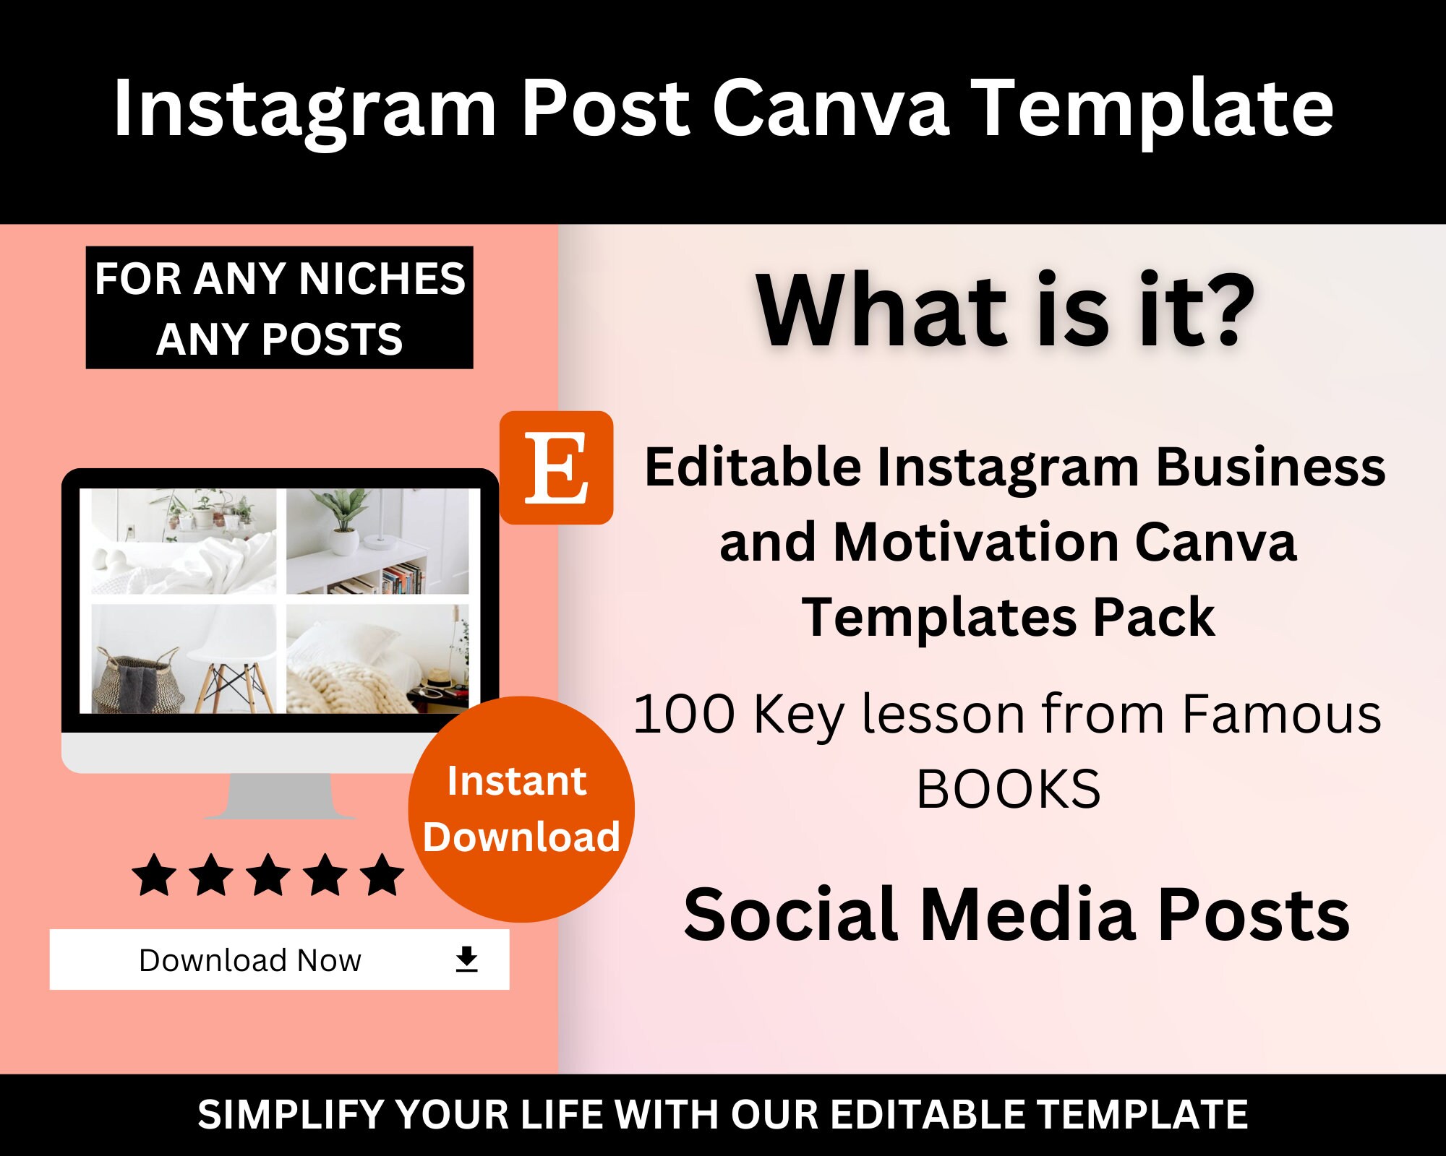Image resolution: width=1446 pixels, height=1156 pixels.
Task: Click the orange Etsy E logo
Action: click(x=556, y=467)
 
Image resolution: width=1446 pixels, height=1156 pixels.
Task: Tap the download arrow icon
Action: click(x=467, y=959)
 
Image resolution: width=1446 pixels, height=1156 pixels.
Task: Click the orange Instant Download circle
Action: click(x=521, y=809)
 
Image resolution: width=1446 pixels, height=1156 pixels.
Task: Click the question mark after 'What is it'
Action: click(x=1228, y=311)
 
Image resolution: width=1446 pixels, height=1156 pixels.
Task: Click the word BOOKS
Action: click(x=1008, y=789)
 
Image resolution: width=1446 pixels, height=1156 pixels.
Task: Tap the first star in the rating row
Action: click(x=155, y=875)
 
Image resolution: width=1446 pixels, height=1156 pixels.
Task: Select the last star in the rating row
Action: click(x=382, y=875)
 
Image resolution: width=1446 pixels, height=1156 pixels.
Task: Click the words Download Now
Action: click(x=249, y=960)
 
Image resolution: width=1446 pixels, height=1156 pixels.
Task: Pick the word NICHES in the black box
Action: click(x=382, y=279)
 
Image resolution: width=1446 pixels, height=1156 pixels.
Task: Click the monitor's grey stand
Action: click(x=281, y=796)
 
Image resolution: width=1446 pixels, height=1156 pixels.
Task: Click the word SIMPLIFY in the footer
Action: click(x=291, y=1115)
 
